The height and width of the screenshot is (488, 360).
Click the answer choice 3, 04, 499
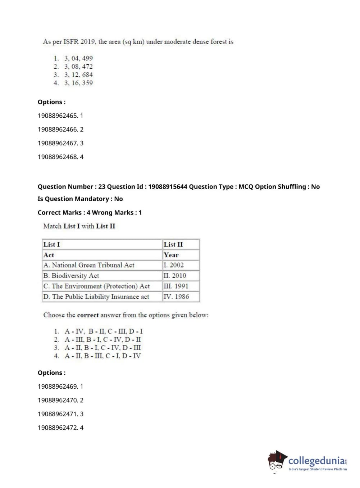coord(78,58)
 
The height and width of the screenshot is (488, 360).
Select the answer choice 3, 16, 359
coord(78,83)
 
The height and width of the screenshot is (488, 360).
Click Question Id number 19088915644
coord(168,187)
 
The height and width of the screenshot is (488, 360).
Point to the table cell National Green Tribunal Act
coord(89,265)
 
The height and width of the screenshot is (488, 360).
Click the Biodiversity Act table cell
coord(71,276)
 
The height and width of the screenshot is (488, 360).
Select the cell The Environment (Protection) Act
coord(96,286)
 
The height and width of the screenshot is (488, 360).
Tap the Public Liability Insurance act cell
coord(96,297)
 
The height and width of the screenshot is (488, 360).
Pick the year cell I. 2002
coord(174,265)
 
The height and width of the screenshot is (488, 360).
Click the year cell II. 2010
coord(175,276)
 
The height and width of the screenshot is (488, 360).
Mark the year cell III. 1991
coord(176,286)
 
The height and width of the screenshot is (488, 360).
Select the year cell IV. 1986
coord(176,297)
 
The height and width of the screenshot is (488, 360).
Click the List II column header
coord(173,244)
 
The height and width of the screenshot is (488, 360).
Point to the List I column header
coord(52,244)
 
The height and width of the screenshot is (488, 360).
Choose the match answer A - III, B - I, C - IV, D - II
coord(102,339)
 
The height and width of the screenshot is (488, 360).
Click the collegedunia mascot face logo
coord(277,460)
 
